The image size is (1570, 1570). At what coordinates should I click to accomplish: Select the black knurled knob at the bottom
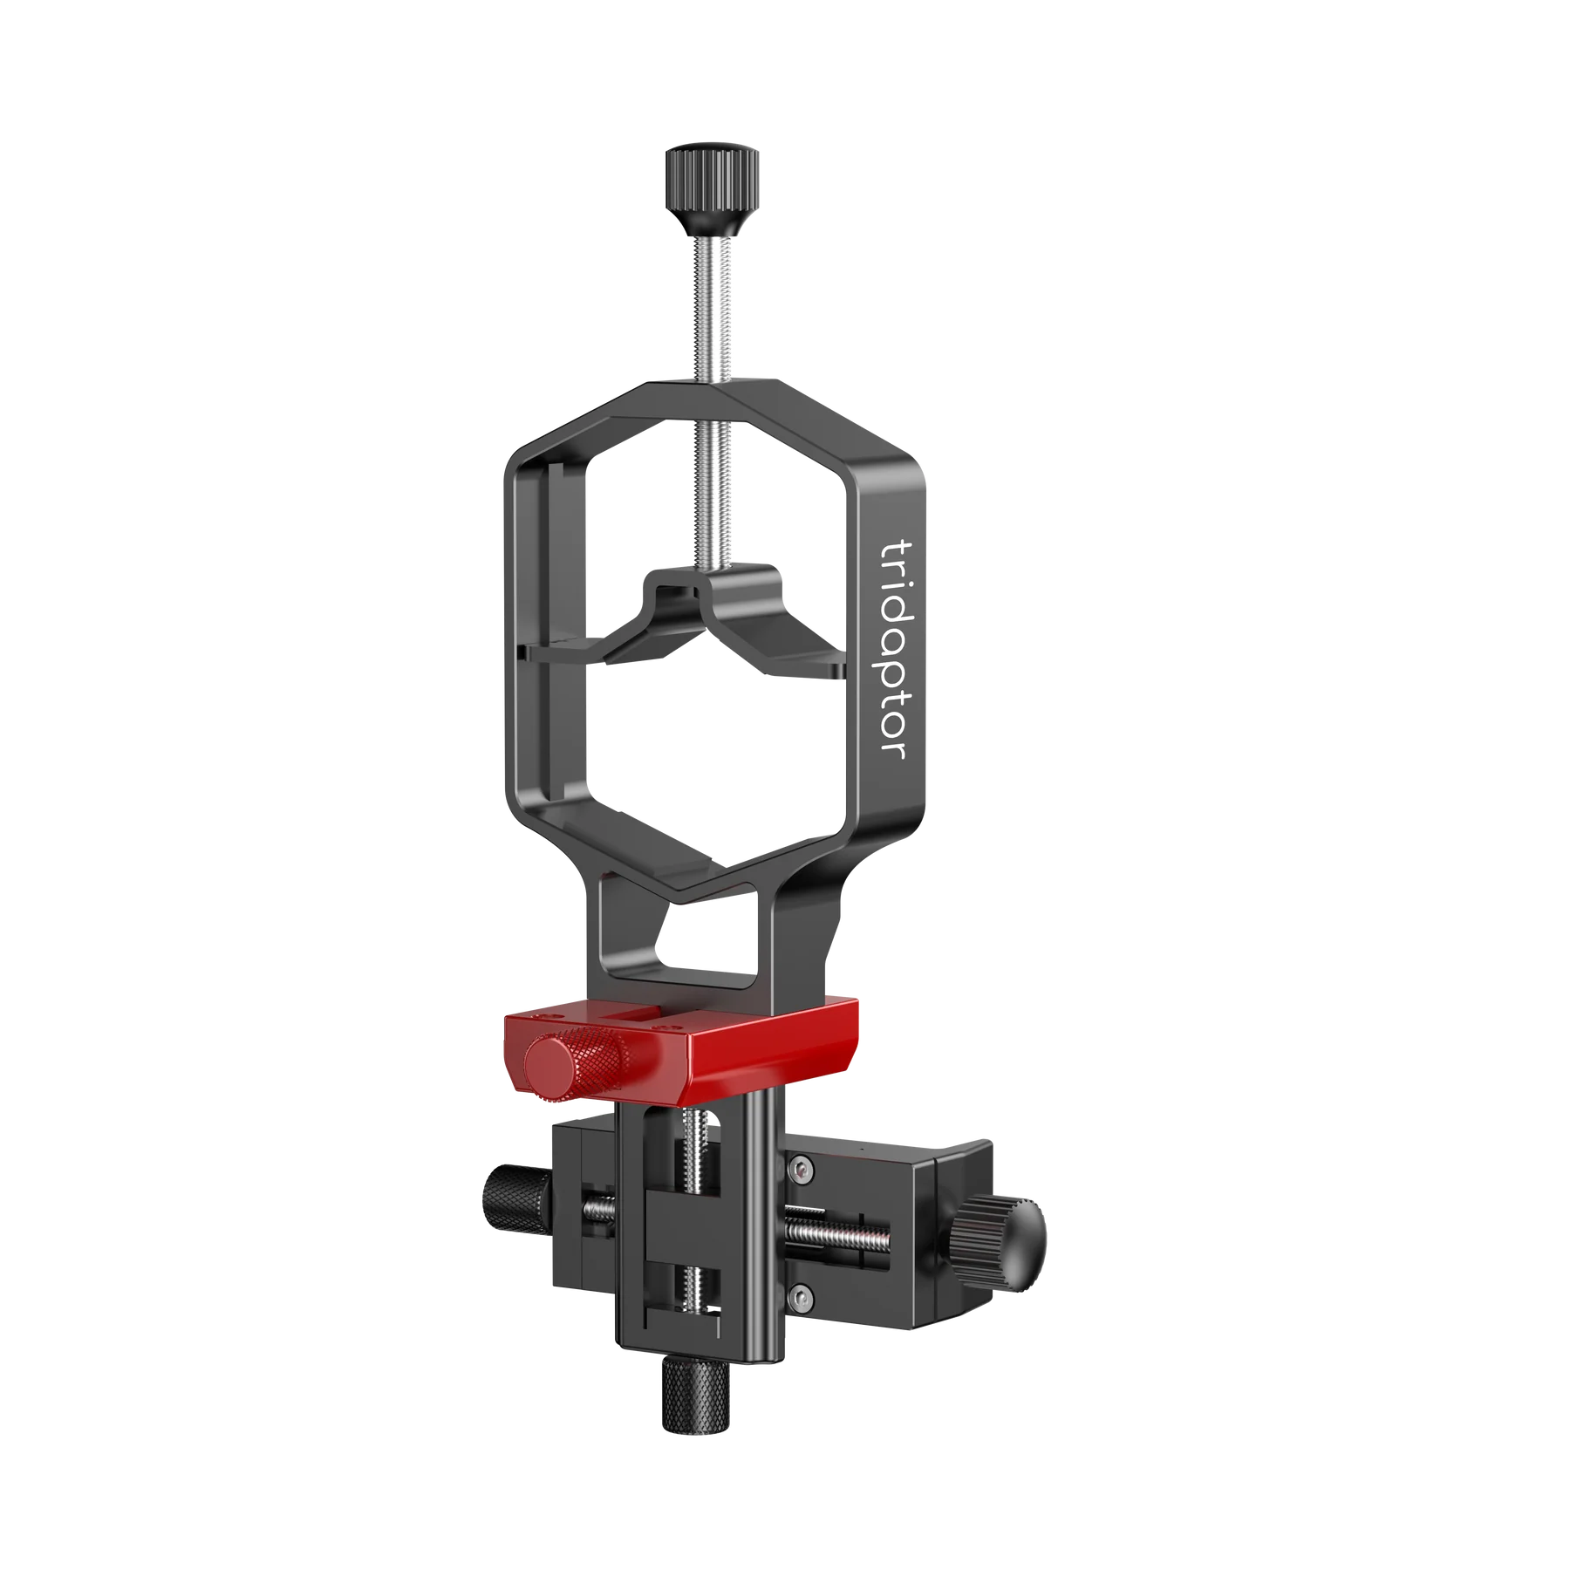[x=689, y=1348]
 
